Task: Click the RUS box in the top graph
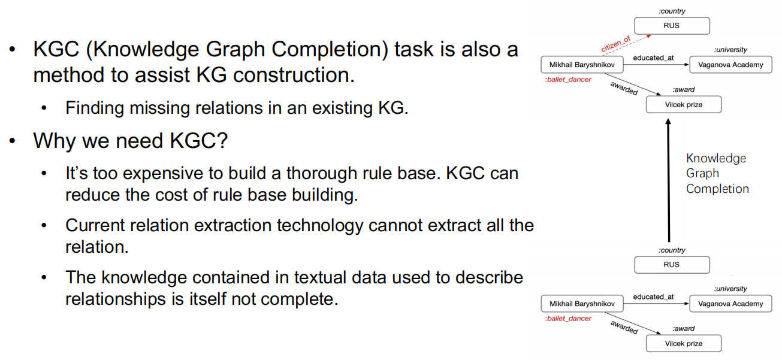(x=672, y=26)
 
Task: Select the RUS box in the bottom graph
(x=672, y=265)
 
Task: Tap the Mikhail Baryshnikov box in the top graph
(x=582, y=65)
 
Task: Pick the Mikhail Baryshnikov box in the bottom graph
(x=582, y=304)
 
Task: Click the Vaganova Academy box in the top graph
(x=730, y=65)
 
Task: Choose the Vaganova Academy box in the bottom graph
(x=730, y=304)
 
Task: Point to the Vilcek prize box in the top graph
(x=684, y=105)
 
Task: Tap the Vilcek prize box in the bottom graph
(x=684, y=344)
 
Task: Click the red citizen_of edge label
(x=616, y=44)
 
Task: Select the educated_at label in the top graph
(x=653, y=58)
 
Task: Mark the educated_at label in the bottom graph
(x=653, y=297)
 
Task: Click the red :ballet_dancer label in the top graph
(x=568, y=80)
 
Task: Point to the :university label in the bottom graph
(x=730, y=289)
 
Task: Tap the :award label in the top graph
(x=683, y=90)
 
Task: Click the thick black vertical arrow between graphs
(x=669, y=180)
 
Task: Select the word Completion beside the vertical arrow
(x=717, y=189)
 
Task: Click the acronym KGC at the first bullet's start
(x=56, y=49)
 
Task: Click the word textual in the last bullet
(x=320, y=278)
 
